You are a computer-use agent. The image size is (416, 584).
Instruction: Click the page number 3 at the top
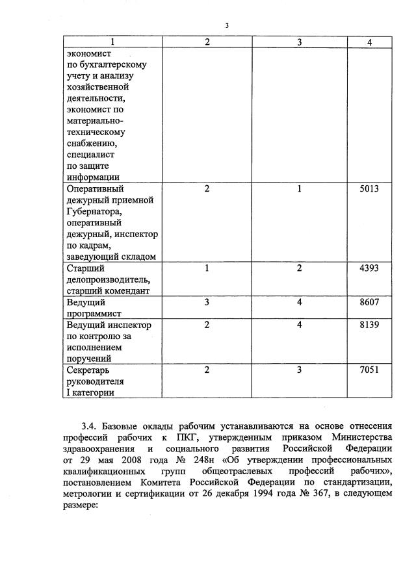tap(227, 26)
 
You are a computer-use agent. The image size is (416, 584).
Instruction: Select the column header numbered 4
tap(369, 42)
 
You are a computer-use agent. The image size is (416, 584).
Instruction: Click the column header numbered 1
tap(112, 42)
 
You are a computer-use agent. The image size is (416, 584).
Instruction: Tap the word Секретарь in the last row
tap(90, 370)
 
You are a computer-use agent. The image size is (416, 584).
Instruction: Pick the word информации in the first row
tap(93, 177)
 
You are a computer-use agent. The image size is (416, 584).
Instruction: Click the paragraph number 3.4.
tap(89, 426)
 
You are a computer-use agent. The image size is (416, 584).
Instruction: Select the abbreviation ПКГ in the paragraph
tap(187, 437)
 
